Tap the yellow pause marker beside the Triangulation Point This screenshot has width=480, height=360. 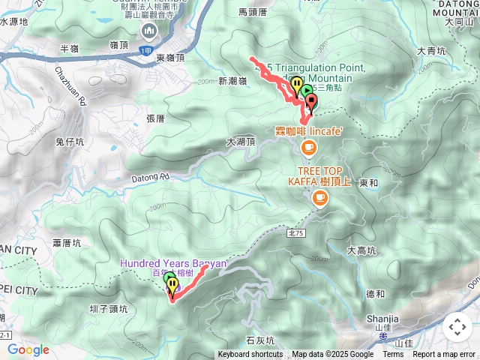click(297, 85)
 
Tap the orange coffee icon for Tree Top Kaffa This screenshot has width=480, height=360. click(320, 198)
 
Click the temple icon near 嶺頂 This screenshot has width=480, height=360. click(148, 31)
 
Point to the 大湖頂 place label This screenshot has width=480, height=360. click(240, 141)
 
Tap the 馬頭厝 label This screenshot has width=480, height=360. click(253, 12)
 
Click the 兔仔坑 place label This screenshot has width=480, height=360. click(70, 140)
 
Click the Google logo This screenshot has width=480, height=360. click(28, 349)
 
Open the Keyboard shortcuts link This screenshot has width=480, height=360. click(250, 355)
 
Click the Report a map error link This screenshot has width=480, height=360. click(445, 355)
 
